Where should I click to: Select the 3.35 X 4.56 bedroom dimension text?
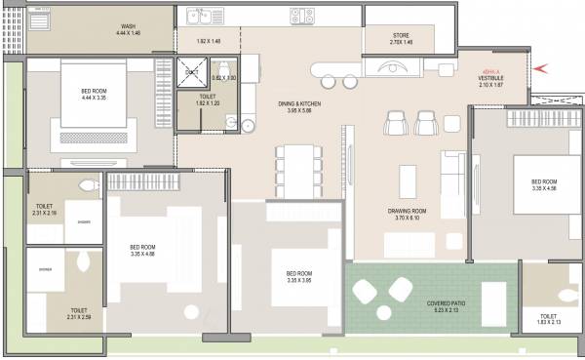click(543, 188)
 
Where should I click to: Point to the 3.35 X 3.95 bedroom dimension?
click(292, 280)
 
